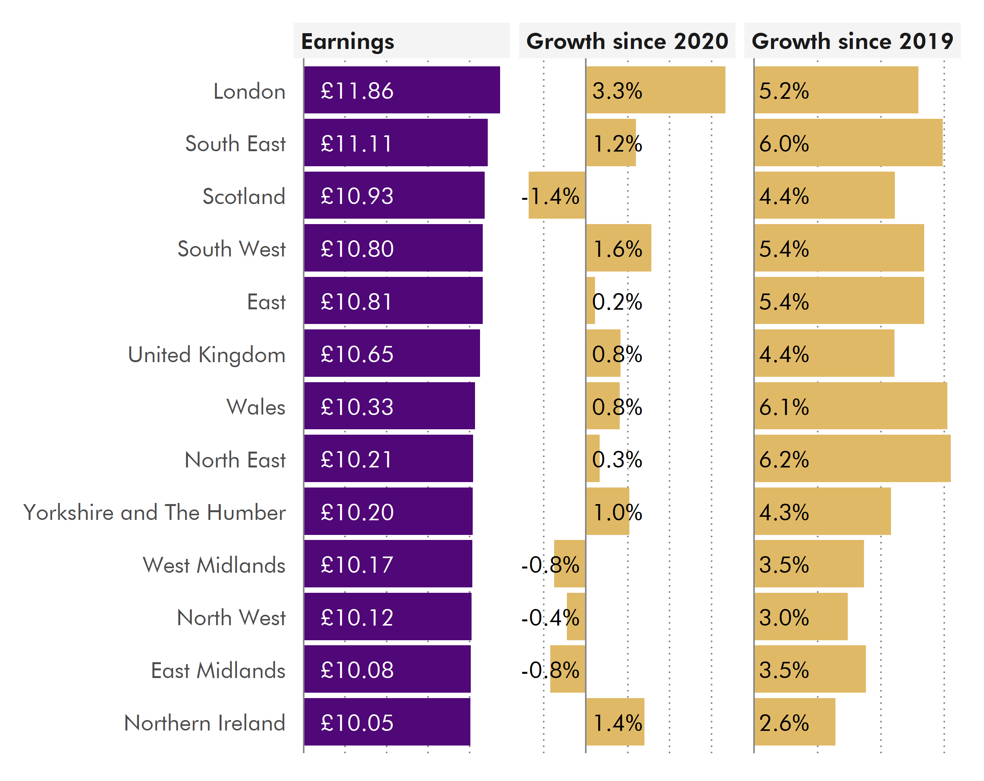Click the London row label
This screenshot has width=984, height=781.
249,91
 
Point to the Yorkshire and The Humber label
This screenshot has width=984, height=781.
154,512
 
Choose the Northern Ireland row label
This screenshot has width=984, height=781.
205,723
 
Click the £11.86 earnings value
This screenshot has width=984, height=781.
357,91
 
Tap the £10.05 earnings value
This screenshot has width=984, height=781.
357,723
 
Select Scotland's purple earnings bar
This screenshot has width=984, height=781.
394,196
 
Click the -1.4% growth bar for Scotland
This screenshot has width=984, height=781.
557,196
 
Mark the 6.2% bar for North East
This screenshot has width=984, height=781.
852,459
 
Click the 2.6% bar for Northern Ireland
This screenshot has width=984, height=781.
795,722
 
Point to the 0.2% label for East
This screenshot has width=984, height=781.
617,302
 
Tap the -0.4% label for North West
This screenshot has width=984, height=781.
550,618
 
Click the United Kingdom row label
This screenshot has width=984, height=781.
206,354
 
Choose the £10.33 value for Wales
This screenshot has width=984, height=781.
357,407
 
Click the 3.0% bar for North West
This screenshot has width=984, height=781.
801,617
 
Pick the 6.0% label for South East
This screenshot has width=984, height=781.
784,144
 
